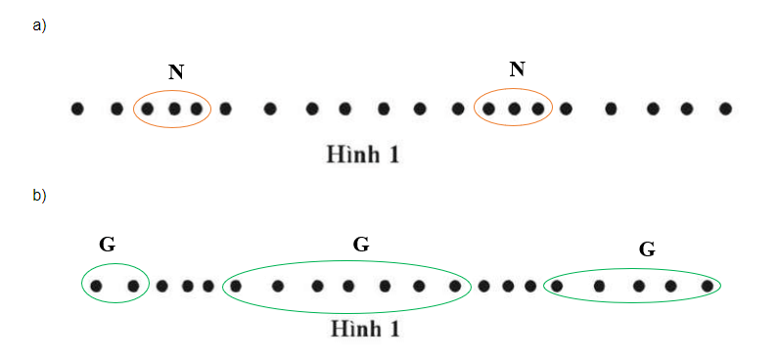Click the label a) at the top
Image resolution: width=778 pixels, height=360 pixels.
(39, 25)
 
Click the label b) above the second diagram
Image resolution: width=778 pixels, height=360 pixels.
(39, 195)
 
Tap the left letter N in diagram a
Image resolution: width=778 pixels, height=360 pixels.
(176, 71)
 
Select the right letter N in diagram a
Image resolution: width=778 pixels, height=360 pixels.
(518, 68)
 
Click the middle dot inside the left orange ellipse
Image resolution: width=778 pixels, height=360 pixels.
(173, 109)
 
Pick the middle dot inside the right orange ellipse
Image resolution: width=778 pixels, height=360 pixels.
(514, 109)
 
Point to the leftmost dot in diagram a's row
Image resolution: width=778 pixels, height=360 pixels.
(77, 109)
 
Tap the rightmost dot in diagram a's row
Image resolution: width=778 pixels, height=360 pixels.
(725, 109)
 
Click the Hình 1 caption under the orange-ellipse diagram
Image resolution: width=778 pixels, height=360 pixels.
(362, 154)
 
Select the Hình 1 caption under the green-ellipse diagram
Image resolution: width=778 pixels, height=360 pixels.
(364, 329)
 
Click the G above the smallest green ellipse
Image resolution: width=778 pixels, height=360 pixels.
(108, 245)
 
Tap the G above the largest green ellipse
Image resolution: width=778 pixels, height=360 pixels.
(360, 245)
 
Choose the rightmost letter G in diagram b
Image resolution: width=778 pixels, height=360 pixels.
(647, 249)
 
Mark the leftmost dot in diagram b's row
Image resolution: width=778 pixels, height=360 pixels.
(96, 287)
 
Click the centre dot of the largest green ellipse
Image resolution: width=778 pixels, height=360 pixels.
(348, 287)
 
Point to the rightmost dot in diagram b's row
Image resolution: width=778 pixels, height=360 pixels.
(708, 287)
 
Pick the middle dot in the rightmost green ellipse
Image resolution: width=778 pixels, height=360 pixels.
(638, 287)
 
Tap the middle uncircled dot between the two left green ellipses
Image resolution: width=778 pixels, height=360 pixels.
(186, 287)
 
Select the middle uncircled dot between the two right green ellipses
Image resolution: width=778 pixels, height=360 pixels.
(508, 287)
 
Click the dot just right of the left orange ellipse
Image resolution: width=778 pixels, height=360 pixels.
(225, 109)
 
